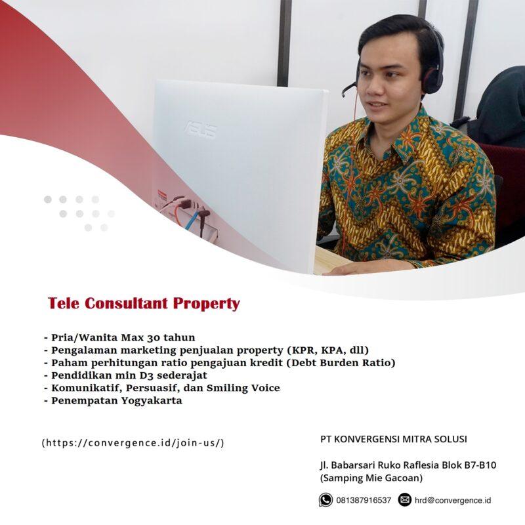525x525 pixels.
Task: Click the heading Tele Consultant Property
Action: click(144, 304)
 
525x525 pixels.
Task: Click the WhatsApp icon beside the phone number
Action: click(325, 500)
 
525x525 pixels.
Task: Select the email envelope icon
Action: click(404, 500)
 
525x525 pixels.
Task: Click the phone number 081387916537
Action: click(364, 501)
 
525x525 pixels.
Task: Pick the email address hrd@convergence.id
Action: click(452, 501)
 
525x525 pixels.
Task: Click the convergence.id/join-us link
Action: click(133, 442)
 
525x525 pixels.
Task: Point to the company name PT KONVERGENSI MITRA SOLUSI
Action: click(394, 439)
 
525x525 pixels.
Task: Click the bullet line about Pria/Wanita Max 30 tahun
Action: click(119, 338)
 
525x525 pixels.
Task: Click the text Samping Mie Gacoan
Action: click(371, 478)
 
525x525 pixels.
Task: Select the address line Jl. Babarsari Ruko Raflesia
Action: click(408, 465)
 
